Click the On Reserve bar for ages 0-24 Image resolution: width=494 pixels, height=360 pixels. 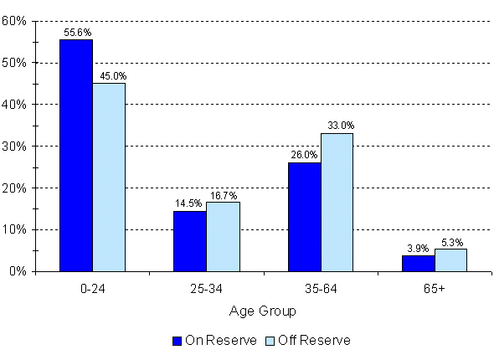point(76,155)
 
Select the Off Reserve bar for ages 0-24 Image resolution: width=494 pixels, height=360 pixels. point(109,177)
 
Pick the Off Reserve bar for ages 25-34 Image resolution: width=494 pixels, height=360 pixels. point(223,236)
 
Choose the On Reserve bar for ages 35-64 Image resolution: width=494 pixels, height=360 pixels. point(304,217)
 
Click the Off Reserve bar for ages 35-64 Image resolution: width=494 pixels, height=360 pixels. point(337,202)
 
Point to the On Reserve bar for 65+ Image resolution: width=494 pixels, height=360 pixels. point(418,263)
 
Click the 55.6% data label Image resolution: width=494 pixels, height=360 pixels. point(76,33)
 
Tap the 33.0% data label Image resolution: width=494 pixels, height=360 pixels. point(337,126)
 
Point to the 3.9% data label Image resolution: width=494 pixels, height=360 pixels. point(419,248)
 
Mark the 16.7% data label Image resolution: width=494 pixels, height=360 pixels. point(224,193)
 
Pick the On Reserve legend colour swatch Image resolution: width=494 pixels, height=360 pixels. point(177,340)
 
